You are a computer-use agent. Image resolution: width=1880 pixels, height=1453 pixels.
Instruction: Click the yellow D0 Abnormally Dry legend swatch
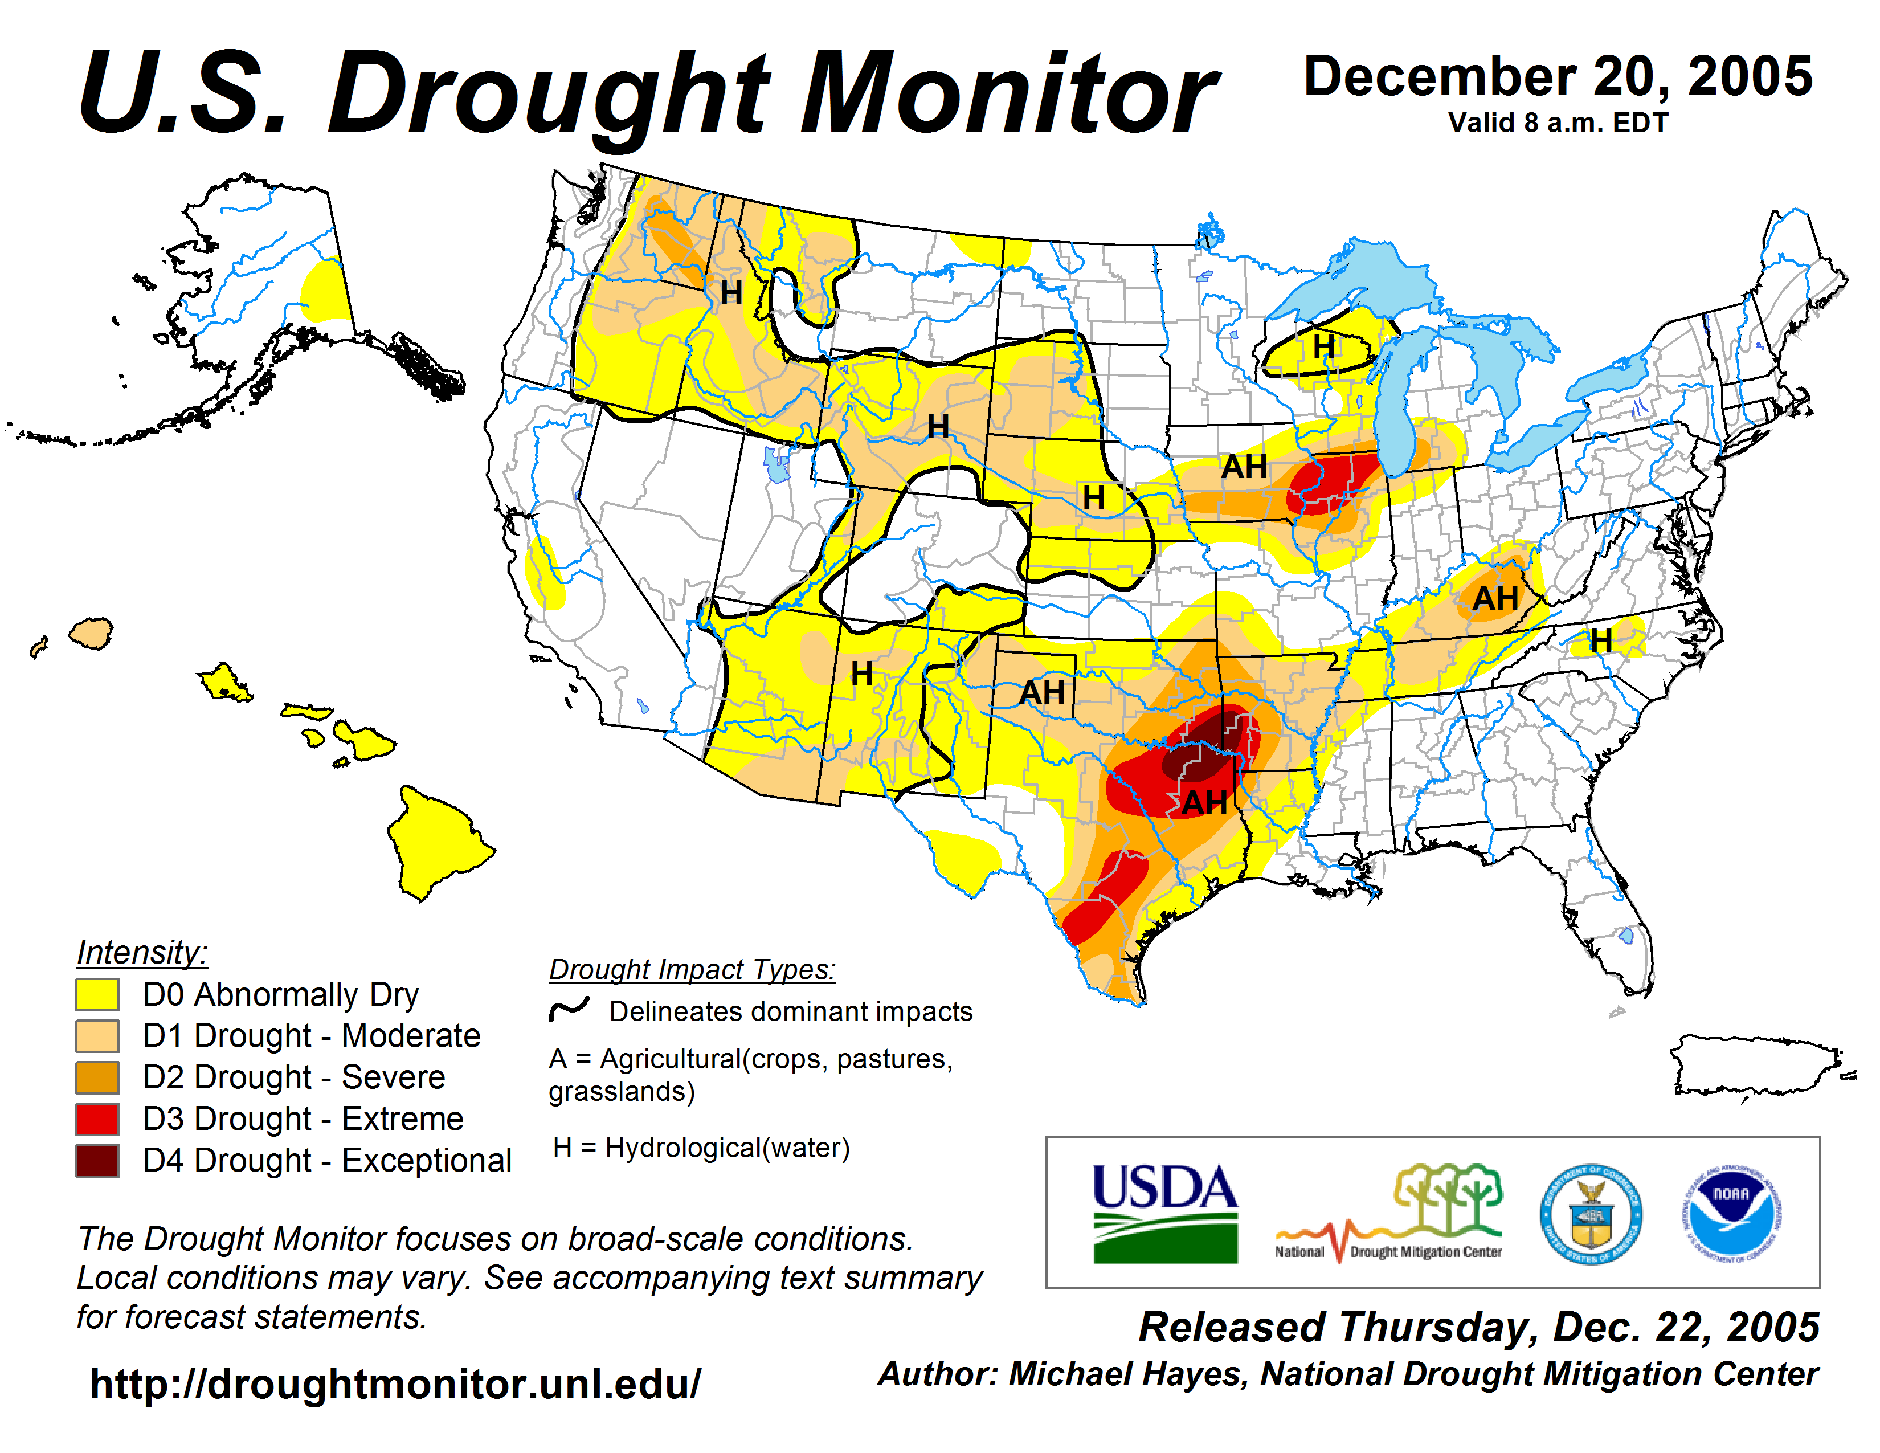[x=97, y=994]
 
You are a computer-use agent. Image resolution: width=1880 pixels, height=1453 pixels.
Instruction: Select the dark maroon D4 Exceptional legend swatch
[x=97, y=1160]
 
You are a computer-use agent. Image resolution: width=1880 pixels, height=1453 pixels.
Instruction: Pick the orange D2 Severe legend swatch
[x=97, y=1077]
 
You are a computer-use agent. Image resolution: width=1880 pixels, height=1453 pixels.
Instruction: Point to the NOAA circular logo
[x=1731, y=1214]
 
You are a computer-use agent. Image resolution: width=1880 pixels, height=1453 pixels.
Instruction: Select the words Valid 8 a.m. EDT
[x=1558, y=123]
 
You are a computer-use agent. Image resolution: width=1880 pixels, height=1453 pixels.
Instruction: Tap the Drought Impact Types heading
[x=692, y=969]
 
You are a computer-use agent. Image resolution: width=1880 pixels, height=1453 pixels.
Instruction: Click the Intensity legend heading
[x=142, y=953]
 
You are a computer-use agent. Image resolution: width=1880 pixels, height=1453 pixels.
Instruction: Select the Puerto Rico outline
[x=1756, y=1066]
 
